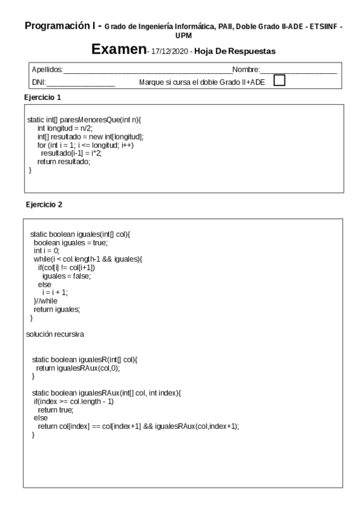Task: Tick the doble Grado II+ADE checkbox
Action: pyautogui.click(x=279, y=81)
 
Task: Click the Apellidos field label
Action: pyautogui.click(x=47, y=71)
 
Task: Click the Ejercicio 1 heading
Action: pyautogui.click(x=43, y=96)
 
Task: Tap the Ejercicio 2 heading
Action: pyautogui.click(x=44, y=205)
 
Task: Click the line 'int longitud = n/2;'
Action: pyautogui.click(x=61, y=129)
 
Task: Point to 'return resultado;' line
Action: pyautogui.click(x=63, y=162)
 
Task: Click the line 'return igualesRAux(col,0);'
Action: pyautogui.click(x=75, y=367)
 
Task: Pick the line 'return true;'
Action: pyautogui.click(x=55, y=409)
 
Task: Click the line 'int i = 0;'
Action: pyautogui.click(x=46, y=250)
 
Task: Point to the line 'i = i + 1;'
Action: pyautogui.click(x=55, y=292)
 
